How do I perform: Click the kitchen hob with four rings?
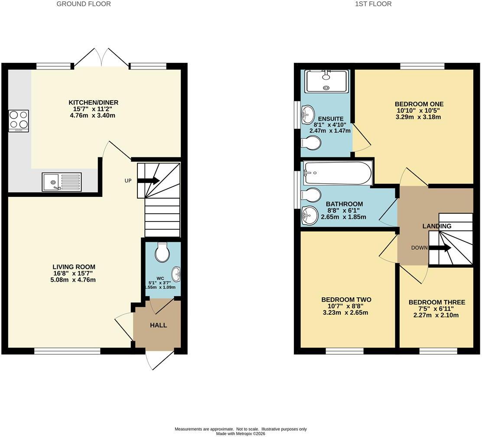coord(19,121)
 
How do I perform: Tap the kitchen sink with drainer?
coord(62,182)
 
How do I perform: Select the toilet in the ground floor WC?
coord(162,252)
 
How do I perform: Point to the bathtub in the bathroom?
coord(338,173)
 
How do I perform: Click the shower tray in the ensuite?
coord(326,81)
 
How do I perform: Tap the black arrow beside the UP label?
coord(148,180)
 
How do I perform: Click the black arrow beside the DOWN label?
coord(440,248)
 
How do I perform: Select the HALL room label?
coord(158,325)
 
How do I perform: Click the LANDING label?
coord(437,226)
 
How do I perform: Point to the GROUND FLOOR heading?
coord(84,4)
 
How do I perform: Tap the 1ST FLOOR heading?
coord(373,4)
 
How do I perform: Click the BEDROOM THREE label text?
coord(437,302)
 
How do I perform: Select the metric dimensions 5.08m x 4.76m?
coord(73,280)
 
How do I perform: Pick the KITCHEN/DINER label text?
coord(93,102)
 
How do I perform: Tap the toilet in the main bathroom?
coord(311,195)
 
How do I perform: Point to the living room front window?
coord(67,351)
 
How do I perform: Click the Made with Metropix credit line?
coord(241,434)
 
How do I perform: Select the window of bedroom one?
coord(423,66)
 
